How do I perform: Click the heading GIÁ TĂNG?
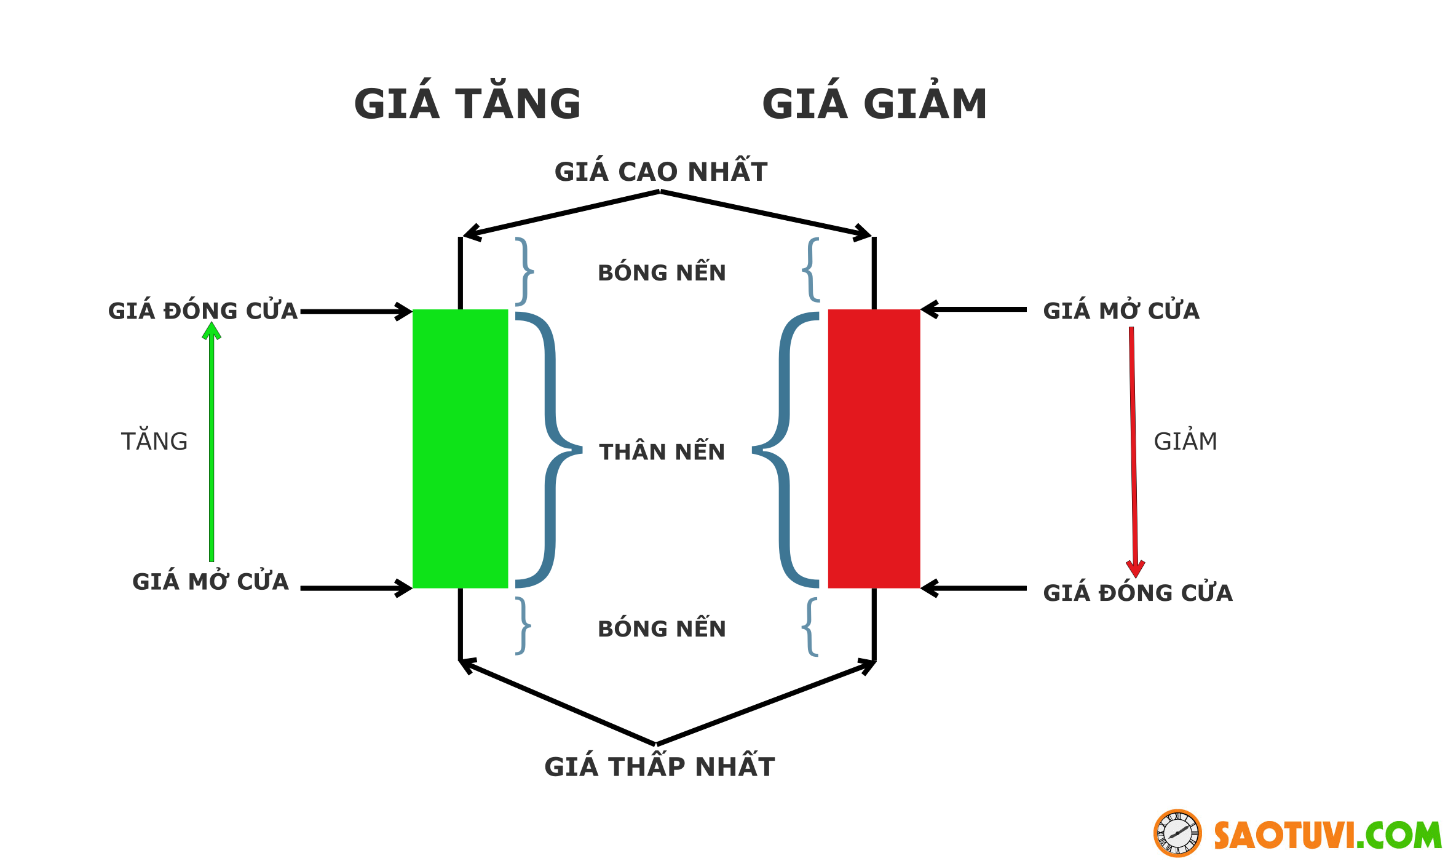(467, 103)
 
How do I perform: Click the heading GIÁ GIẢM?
(874, 103)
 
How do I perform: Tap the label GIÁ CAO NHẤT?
(661, 172)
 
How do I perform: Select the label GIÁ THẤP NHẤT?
(660, 767)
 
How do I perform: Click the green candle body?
(460, 449)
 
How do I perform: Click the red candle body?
(874, 449)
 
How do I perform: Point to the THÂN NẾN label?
(662, 452)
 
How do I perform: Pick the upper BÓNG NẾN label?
(662, 273)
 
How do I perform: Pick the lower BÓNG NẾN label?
(662, 629)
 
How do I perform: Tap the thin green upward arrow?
(212, 443)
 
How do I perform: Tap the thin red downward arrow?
(1133, 449)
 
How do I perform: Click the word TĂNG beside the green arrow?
(154, 442)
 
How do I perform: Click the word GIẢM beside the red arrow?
(1185, 442)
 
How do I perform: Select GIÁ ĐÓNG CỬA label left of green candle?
(203, 311)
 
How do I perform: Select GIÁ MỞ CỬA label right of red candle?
(1121, 311)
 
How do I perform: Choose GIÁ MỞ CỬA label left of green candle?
(210, 582)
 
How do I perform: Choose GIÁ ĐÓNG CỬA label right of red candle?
(1137, 593)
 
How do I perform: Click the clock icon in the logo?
(1177, 833)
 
